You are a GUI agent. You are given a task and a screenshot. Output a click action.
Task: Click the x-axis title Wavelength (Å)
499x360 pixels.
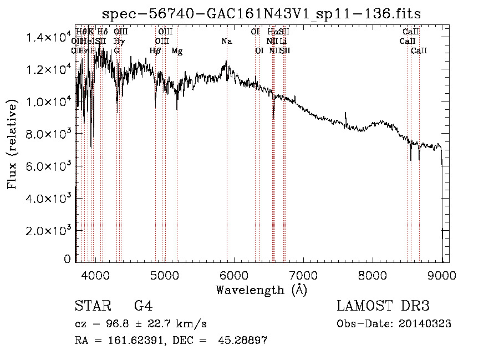click(x=261, y=290)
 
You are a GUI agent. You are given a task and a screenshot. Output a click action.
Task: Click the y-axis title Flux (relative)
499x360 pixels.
click(x=12, y=146)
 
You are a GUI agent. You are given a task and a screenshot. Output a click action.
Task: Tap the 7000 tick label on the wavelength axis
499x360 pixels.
click(x=303, y=275)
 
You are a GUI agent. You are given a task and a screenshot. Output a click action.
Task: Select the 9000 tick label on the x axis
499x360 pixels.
click(x=442, y=275)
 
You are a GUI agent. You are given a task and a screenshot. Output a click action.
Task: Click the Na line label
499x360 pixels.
click(x=226, y=42)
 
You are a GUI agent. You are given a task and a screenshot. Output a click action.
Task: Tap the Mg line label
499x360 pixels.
click(x=177, y=51)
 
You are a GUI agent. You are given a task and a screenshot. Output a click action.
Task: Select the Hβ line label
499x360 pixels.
click(x=155, y=51)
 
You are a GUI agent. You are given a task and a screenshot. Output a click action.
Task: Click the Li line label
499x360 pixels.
click(x=283, y=42)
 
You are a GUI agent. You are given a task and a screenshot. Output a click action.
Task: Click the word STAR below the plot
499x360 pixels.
click(x=91, y=306)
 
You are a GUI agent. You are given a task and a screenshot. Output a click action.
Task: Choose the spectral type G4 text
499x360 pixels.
click(x=144, y=306)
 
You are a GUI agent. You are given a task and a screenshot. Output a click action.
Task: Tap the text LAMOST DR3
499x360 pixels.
click(x=383, y=306)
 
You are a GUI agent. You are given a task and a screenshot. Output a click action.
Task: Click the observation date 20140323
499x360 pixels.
click(x=427, y=324)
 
